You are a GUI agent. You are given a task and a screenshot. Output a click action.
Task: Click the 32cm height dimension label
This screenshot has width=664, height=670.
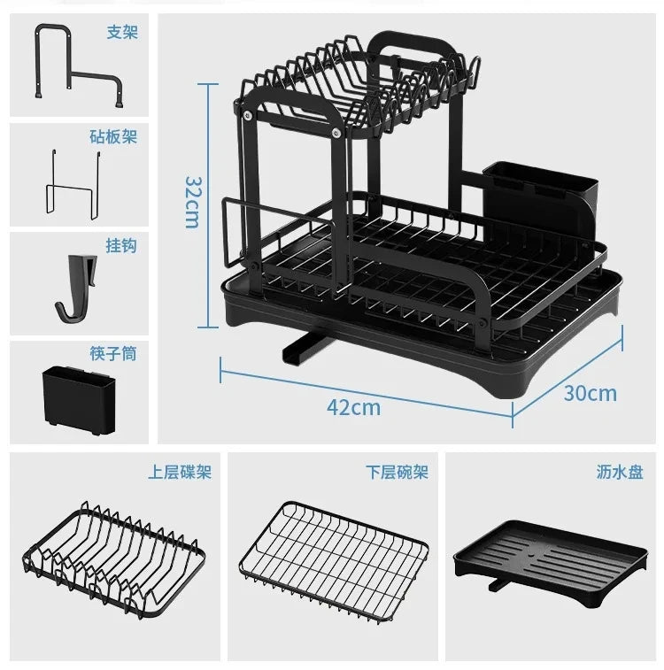click(192, 201)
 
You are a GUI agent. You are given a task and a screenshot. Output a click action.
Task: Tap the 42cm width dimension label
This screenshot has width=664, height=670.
click(353, 407)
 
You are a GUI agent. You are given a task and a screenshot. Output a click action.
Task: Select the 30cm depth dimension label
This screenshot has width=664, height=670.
click(590, 393)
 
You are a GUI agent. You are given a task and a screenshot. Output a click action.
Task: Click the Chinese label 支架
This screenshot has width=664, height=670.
click(122, 33)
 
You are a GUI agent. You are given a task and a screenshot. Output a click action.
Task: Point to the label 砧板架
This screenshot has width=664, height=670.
click(113, 137)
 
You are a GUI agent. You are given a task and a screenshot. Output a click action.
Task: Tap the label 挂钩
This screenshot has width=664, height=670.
click(122, 246)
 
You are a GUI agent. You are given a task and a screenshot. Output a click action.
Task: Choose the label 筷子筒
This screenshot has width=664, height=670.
click(113, 354)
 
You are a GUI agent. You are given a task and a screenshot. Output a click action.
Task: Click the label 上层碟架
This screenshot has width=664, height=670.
click(180, 473)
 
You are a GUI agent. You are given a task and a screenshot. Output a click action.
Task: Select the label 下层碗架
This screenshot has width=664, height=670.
click(398, 473)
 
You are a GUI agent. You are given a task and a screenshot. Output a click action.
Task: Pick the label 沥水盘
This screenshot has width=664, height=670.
click(620, 473)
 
